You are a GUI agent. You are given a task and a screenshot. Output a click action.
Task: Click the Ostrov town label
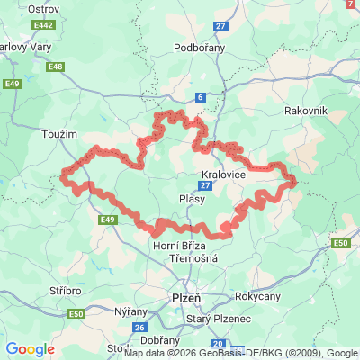click(x=18, y=8)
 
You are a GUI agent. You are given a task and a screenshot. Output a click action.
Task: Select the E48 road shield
click(x=56, y=66)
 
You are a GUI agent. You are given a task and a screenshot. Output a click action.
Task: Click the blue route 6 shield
click(x=199, y=97)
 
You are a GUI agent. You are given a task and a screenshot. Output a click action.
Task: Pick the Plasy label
click(x=192, y=199)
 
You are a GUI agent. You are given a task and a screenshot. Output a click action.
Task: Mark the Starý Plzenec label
click(x=215, y=319)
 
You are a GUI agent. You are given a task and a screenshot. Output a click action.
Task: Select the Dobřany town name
click(x=160, y=340)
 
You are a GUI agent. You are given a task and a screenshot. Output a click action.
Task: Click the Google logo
click(x=30, y=349)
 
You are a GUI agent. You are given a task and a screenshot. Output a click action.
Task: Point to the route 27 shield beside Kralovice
click(x=206, y=185)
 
